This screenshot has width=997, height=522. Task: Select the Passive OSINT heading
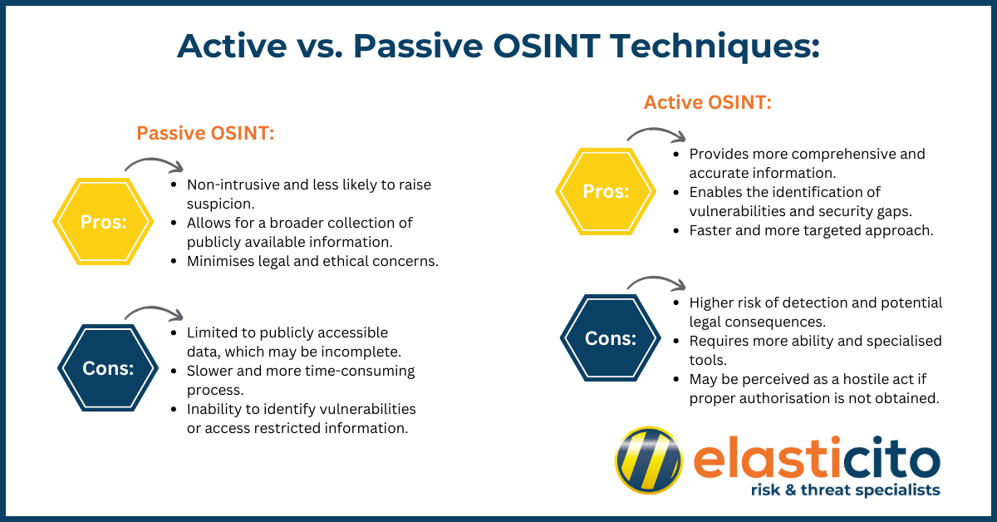pos(205,133)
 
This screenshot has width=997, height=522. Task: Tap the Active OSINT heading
pos(707,102)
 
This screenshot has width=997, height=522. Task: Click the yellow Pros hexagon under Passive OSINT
pos(103,221)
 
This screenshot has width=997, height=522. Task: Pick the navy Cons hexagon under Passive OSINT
pos(108,368)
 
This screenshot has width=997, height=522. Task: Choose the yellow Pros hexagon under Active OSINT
pos(606,191)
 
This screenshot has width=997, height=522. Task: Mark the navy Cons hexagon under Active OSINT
pos(610,338)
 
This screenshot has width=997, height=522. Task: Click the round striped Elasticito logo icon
pos(649,460)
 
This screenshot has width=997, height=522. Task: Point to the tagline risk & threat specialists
pos(845,490)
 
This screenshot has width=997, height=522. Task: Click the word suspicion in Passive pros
pos(220,204)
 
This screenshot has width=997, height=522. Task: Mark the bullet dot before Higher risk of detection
pos(676,303)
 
